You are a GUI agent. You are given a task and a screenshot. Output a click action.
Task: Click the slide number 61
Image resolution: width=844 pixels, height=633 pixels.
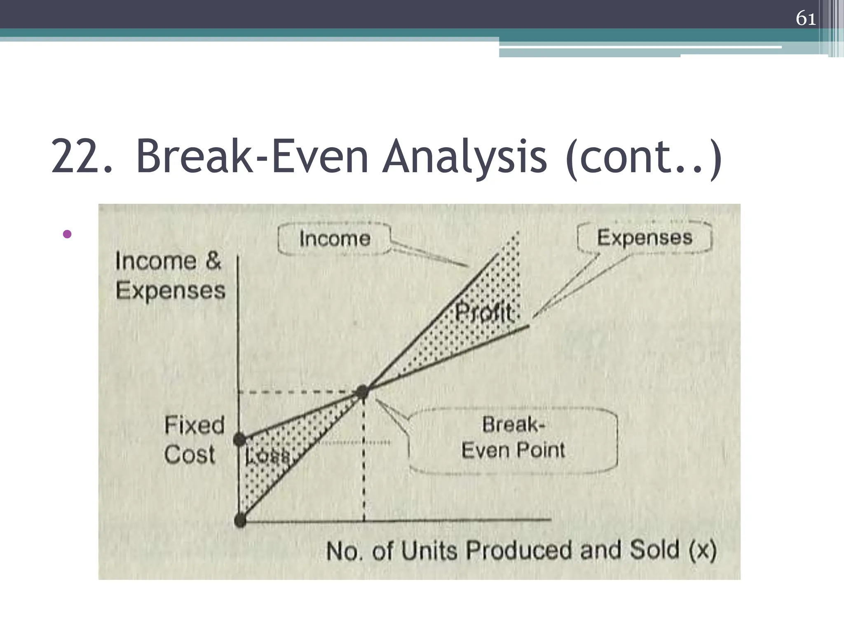[806, 19]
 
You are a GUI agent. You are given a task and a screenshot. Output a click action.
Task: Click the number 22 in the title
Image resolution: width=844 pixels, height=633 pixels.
[81, 157]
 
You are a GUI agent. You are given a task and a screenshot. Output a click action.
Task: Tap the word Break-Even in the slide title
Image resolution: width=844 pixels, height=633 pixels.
[252, 157]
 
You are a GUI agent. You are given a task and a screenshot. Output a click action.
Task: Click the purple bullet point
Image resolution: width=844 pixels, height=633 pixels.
[67, 234]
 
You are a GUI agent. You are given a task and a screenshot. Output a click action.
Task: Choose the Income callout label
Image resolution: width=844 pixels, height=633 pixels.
[335, 239]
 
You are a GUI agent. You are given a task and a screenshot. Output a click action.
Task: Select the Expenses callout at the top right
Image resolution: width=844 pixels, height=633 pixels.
[645, 237]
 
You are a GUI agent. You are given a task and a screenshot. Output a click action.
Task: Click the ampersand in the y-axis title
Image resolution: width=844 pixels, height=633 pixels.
[213, 261]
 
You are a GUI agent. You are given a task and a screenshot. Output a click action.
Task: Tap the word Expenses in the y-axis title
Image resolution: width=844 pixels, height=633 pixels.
[171, 291]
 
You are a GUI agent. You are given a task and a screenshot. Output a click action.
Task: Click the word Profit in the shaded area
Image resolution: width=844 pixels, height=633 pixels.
[484, 313]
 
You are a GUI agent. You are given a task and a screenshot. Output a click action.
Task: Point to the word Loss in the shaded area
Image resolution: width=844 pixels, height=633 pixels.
[267, 456]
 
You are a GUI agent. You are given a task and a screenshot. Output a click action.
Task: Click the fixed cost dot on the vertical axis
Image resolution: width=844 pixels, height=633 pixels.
[240, 439]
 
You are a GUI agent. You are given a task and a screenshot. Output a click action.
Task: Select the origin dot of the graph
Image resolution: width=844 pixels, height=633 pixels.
[240, 520]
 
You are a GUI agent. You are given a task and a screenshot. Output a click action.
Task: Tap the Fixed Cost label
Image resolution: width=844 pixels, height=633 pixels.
[194, 440]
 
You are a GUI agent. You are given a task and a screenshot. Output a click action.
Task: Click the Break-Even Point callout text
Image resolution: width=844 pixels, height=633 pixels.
[513, 437]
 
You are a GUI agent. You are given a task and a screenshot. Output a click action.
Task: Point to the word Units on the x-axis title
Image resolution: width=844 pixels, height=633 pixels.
[429, 551]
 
